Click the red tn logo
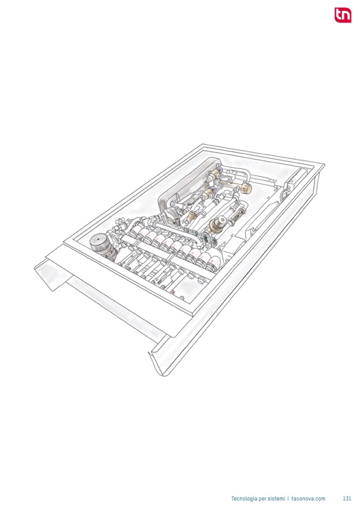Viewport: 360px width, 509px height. pyautogui.click(x=343, y=15)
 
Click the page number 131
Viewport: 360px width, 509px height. pyautogui.click(x=347, y=498)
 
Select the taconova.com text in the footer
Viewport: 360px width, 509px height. pyautogui.click(x=308, y=498)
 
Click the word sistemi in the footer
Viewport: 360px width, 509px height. pyautogui.click(x=276, y=498)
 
